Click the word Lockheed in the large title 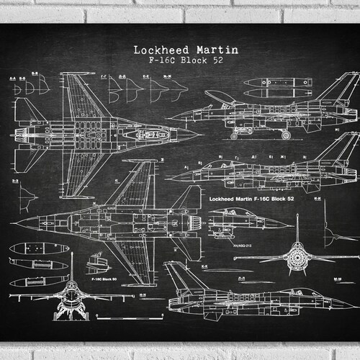tap(156, 50)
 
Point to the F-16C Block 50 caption tap(104, 276)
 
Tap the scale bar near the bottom tap(127, 317)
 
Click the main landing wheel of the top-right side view tap(286, 135)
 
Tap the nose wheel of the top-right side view tap(234, 135)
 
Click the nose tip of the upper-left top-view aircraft tap(200, 133)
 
